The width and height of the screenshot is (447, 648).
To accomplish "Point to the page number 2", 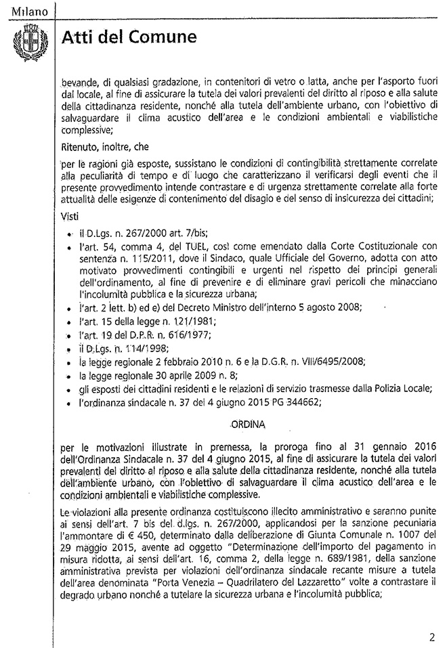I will coord(431,636).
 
